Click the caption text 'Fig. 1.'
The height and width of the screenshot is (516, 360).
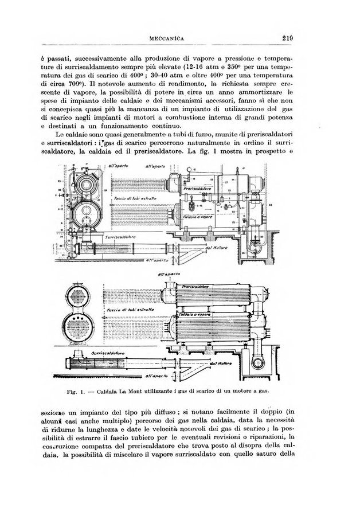[76, 393]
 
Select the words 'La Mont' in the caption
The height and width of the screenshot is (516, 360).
[136, 393]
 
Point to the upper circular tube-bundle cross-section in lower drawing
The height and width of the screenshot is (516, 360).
[82, 293]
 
